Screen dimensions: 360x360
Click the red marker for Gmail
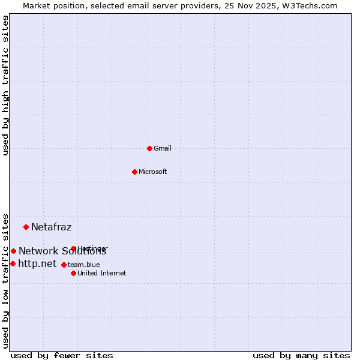pos(149,148)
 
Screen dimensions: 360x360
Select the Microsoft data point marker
pos(134,172)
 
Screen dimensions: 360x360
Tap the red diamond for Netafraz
pos(26,227)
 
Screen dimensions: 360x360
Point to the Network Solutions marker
pos(13,251)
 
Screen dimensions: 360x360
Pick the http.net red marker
pos(13,263)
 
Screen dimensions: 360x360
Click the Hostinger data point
pos(73,248)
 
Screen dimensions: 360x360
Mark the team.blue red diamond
pos(64,265)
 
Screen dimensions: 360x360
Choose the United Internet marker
pos(73,273)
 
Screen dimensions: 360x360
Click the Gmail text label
pos(163,148)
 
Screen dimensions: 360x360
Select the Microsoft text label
pos(153,172)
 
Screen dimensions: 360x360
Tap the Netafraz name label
pos(51,227)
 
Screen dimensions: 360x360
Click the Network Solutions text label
pos(62,251)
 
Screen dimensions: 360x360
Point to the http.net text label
pos(37,263)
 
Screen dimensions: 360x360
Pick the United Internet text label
pos(102,273)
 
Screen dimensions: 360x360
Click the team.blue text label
pos(84,265)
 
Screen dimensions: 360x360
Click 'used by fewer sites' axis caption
pos(62,355)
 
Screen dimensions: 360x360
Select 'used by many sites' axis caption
pos(301,355)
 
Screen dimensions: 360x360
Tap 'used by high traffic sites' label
pos(5,85)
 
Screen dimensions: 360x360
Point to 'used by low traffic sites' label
pos(5,280)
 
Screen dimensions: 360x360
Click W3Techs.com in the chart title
pos(311,5)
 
